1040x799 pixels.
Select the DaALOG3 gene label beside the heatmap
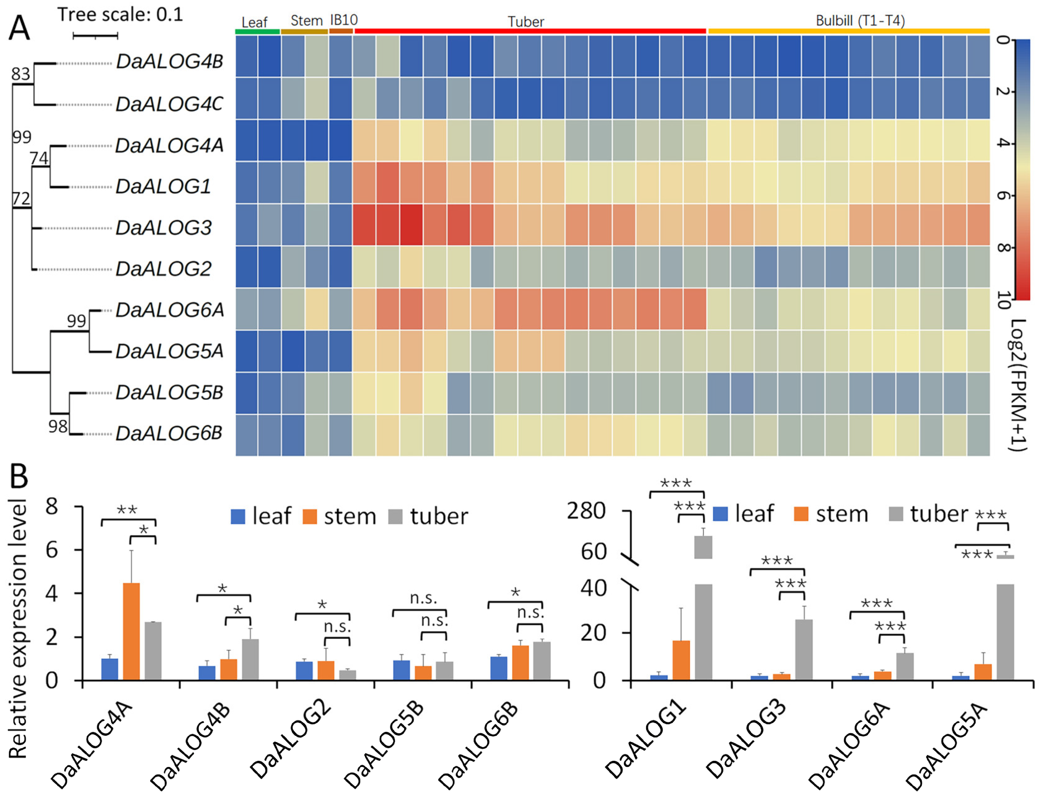click(x=163, y=228)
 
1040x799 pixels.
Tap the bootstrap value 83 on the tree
click(x=21, y=74)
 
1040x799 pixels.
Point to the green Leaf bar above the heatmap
click(x=257, y=31)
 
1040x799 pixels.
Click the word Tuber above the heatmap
click(x=526, y=21)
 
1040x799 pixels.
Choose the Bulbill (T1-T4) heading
click(x=860, y=21)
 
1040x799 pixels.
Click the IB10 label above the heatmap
click(x=343, y=20)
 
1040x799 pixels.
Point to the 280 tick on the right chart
click(x=586, y=511)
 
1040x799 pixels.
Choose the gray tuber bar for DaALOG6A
click(x=904, y=666)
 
